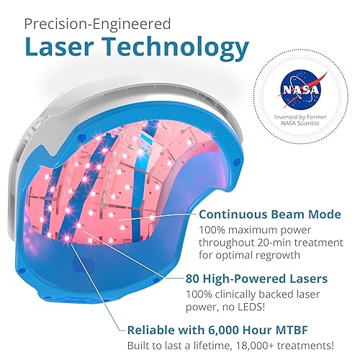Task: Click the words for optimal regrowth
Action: (x=244, y=257)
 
